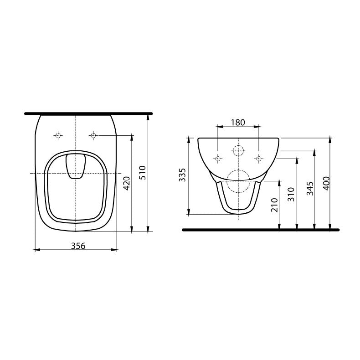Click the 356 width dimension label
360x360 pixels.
coord(78,245)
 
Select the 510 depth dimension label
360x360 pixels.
coord(142,172)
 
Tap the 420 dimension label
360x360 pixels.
coord(127,182)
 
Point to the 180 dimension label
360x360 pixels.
coord(238,122)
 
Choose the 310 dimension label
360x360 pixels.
coord(292,195)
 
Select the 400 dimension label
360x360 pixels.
coord(326,182)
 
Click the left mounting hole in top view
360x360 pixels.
coord(58,135)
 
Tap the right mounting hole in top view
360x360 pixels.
coord(93,135)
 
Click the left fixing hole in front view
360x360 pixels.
coord(218,158)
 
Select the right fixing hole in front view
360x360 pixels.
coord(259,158)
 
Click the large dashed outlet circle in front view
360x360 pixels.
coord(238,180)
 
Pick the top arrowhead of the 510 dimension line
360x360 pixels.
coord(148,116)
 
